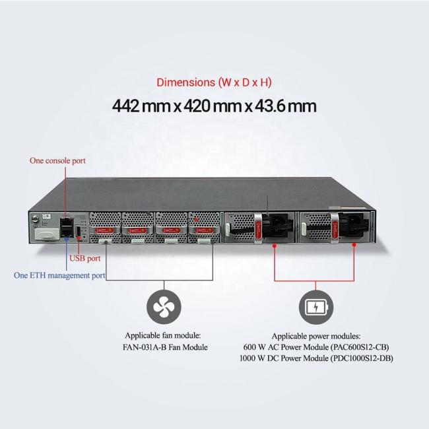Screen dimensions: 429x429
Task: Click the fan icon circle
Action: (x=164, y=308)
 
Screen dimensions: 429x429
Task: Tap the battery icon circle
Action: (x=316, y=308)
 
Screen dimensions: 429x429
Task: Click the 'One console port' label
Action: (x=57, y=160)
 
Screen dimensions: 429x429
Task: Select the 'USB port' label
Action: (x=85, y=258)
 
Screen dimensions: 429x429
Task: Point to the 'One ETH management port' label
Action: (x=59, y=275)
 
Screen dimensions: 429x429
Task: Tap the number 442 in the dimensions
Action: (x=126, y=106)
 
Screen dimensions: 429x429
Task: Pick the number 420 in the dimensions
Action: (x=197, y=106)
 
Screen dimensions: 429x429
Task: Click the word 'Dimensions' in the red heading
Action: (x=185, y=82)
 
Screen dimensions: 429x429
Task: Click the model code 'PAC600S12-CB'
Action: (x=360, y=347)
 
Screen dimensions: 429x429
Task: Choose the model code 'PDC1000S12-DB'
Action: (x=362, y=358)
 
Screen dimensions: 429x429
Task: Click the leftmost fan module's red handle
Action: (x=105, y=230)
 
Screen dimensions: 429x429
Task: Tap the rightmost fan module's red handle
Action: (x=204, y=230)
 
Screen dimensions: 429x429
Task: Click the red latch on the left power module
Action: (x=258, y=230)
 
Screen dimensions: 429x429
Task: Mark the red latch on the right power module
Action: (x=335, y=229)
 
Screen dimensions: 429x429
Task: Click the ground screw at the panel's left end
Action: (x=35, y=218)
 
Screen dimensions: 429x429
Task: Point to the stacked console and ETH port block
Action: (x=67, y=227)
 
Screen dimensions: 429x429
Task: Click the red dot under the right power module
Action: (x=354, y=245)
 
